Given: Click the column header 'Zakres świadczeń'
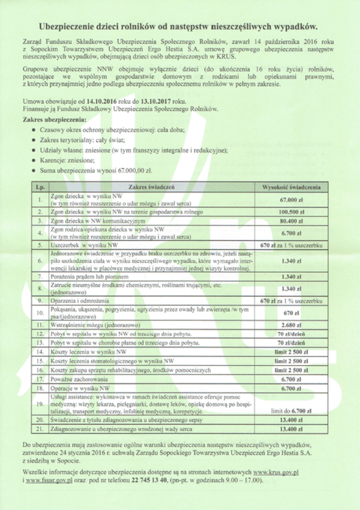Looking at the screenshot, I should [x=152, y=187].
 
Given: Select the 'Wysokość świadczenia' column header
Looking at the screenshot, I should [x=291, y=187].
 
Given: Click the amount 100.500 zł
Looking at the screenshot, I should [x=291, y=212].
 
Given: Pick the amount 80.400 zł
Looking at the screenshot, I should [x=291, y=221].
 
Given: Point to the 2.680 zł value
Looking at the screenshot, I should [x=291, y=325].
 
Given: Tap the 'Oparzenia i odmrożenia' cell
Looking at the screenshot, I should [x=80, y=299].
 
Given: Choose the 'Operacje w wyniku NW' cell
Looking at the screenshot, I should [x=80, y=388].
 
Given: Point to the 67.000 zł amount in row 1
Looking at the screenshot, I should [x=291, y=200].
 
